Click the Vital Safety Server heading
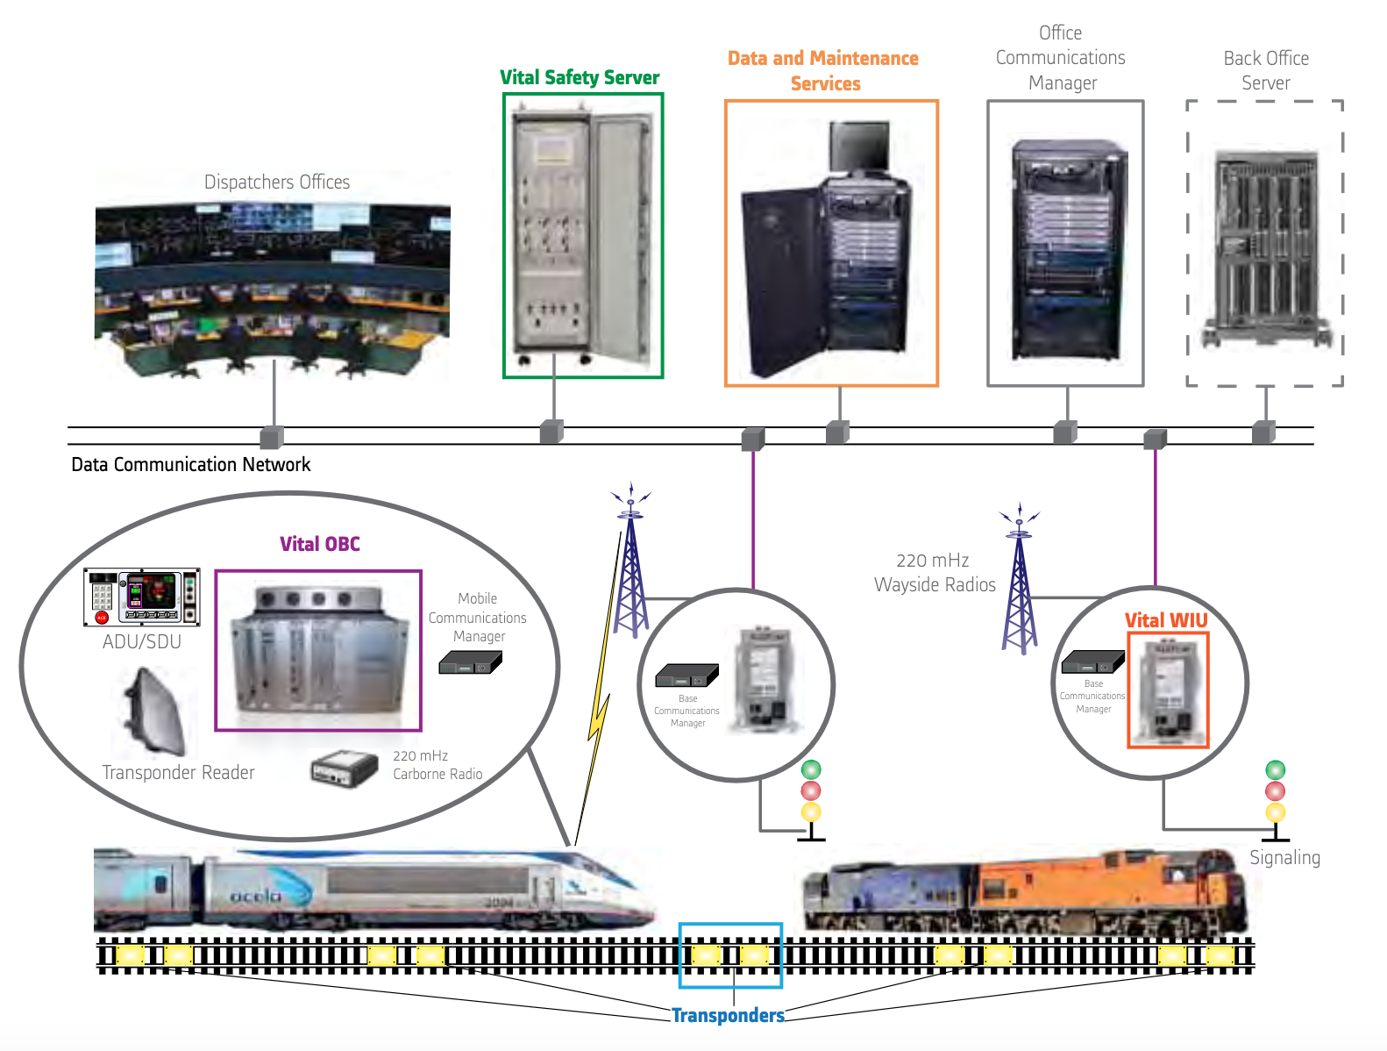(x=579, y=77)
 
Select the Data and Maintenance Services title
(x=823, y=70)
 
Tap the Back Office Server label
(x=1265, y=70)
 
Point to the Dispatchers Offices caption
(x=276, y=182)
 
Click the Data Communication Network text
(x=190, y=464)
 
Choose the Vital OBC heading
(x=319, y=544)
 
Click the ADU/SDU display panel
(x=141, y=597)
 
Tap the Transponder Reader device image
(x=155, y=711)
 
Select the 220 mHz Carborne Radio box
(x=345, y=769)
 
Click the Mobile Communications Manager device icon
(x=470, y=662)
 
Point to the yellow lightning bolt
(x=598, y=715)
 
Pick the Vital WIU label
(x=1165, y=620)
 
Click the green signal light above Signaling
(x=1275, y=770)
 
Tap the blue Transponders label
(x=728, y=1015)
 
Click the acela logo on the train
(x=255, y=896)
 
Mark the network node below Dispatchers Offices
(x=272, y=436)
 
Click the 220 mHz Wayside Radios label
(x=935, y=572)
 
